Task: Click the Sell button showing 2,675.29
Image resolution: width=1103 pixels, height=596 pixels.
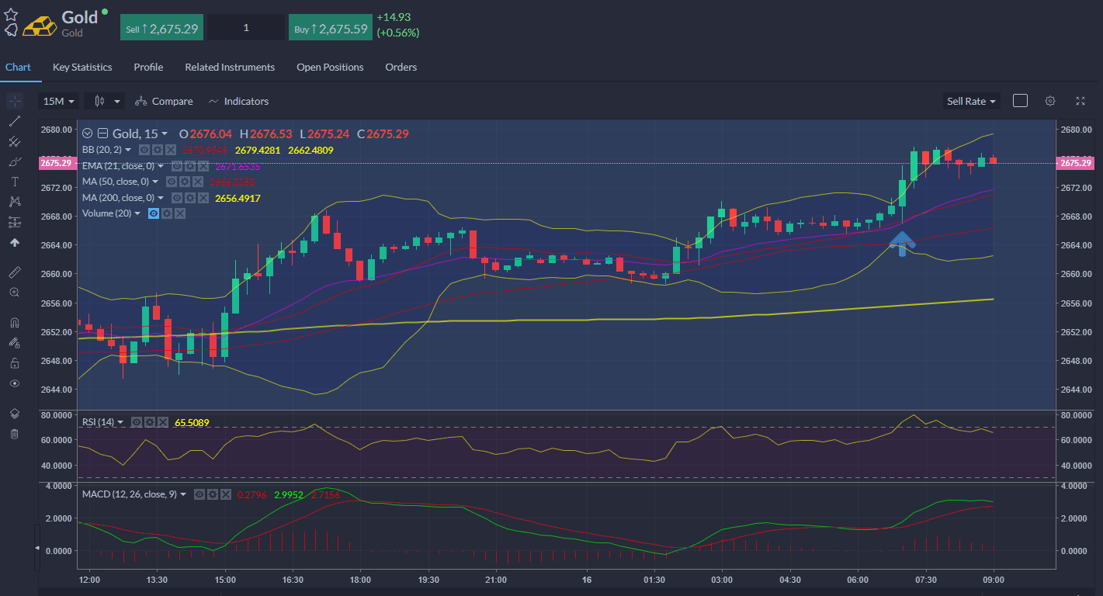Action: [x=162, y=29]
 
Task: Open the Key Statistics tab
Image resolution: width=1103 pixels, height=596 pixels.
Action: [x=82, y=68]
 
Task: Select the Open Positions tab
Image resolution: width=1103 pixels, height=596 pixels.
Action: [x=330, y=68]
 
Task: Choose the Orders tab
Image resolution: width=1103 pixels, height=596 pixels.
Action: [x=401, y=68]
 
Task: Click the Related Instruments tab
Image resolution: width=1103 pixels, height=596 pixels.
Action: [x=230, y=68]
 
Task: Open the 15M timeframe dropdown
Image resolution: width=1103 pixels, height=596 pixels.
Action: [x=59, y=102]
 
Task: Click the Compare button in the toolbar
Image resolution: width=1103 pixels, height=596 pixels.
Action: [x=164, y=102]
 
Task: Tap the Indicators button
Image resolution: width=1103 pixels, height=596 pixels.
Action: [x=239, y=102]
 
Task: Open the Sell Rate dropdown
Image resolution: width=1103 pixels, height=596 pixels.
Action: [x=971, y=102]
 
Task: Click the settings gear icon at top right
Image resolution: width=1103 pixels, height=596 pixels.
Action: [x=1050, y=101]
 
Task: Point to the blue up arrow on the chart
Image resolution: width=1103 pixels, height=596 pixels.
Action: [x=901, y=243]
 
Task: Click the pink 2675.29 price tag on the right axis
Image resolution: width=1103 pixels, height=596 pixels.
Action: [x=1075, y=163]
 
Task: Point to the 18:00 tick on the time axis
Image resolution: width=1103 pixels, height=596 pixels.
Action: [x=360, y=580]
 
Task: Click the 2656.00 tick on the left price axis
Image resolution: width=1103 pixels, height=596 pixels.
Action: [x=56, y=303]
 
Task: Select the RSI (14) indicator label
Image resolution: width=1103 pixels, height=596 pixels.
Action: [x=98, y=422]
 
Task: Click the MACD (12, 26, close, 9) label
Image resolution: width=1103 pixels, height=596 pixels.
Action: [x=130, y=494]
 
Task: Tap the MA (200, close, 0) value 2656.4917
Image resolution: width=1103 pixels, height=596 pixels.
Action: [x=238, y=198]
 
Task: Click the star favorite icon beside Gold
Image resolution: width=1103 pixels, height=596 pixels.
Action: [x=11, y=15]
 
